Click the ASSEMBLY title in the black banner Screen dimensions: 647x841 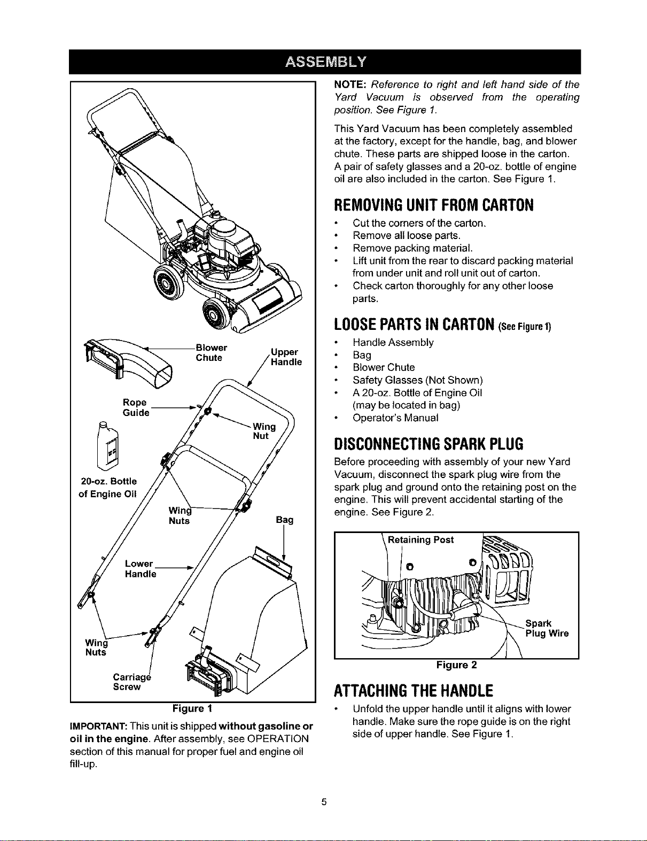[325, 62]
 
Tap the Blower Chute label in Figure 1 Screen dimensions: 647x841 [211, 352]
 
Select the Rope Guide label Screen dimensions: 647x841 [136, 407]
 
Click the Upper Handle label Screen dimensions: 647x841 [286, 357]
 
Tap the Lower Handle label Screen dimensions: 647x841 [141, 568]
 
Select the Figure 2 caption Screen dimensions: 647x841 [456, 665]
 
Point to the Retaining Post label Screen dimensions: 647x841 [420, 539]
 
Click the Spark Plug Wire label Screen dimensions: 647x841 [547, 628]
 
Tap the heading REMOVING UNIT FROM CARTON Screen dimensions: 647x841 [433, 205]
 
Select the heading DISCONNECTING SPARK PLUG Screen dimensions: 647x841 [428, 444]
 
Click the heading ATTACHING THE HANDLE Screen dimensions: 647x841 [414, 690]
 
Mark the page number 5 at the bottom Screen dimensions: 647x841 [324, 801]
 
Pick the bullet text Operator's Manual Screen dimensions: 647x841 [395, 418]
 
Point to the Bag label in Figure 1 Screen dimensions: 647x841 [285, 519]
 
